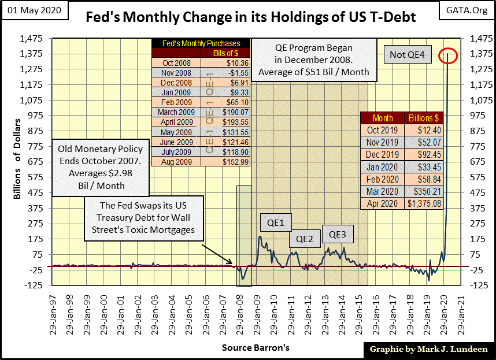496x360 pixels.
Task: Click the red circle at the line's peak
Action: [449, 56]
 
